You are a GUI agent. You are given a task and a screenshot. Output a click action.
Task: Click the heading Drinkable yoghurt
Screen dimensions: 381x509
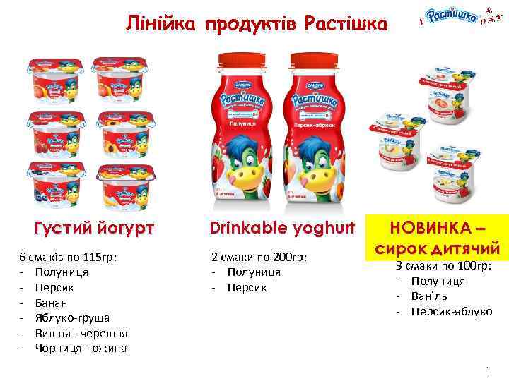pyautogui.click(x=281, y=229)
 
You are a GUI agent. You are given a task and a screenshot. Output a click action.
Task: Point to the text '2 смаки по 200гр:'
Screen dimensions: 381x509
pyautogui.click(x=259, y=258)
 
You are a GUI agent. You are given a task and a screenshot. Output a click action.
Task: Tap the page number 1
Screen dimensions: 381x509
pyautogui.click(x=488, y=370)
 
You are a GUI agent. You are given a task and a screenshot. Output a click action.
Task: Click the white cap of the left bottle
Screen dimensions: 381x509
pyautogui.click(x=240, y=59)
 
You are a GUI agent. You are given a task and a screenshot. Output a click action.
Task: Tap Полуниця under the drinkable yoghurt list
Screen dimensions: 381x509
pyautogui.click(x=254, y=272)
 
